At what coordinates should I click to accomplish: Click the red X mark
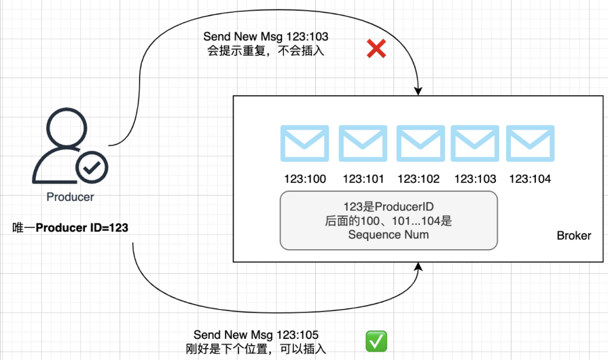(376, 48)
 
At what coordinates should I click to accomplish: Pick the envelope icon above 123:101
(363, 143)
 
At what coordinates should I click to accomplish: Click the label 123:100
(305, 180)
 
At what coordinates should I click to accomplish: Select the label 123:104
(530, 180)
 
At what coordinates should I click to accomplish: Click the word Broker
(573, 236)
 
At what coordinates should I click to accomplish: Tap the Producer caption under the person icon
(70, 198)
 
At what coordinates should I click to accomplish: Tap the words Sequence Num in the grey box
(389, 235)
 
